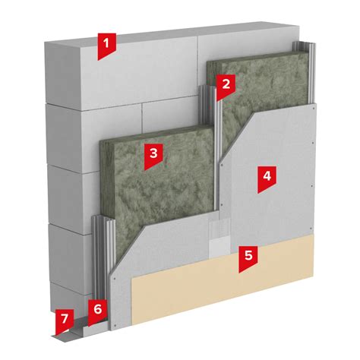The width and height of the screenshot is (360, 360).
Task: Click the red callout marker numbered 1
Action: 106,45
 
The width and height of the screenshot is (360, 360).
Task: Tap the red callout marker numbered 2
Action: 226,86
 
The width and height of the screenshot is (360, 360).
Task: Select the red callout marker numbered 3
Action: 153,156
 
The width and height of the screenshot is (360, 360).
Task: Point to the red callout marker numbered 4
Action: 267,178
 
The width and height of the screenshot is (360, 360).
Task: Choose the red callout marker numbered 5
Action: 248,257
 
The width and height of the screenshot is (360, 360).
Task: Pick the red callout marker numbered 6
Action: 97,311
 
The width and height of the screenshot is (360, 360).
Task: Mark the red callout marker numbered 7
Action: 65,321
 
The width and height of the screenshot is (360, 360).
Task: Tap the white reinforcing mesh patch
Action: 219,236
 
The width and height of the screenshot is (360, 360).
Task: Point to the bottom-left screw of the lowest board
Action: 115,325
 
